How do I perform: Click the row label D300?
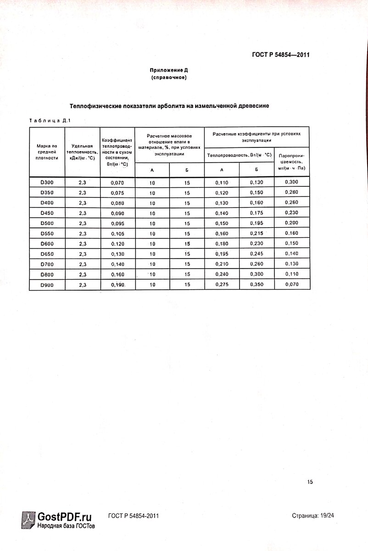47,182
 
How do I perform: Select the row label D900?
47,285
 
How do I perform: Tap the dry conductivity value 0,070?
117,183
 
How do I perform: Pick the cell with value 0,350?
256,285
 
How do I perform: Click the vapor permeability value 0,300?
291,182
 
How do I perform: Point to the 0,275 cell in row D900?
222,285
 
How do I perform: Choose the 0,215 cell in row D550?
256,233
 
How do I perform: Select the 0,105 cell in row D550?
117,234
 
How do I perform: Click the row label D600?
47,243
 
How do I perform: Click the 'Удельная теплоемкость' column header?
83,152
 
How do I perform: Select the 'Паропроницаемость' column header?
291,162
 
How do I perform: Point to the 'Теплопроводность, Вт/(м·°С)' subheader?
239,155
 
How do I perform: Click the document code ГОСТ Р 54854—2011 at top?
281,55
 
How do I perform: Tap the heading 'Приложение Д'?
169,70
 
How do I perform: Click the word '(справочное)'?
169,78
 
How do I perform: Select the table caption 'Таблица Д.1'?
49,121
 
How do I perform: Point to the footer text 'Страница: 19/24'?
312,516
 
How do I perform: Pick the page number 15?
310,482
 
